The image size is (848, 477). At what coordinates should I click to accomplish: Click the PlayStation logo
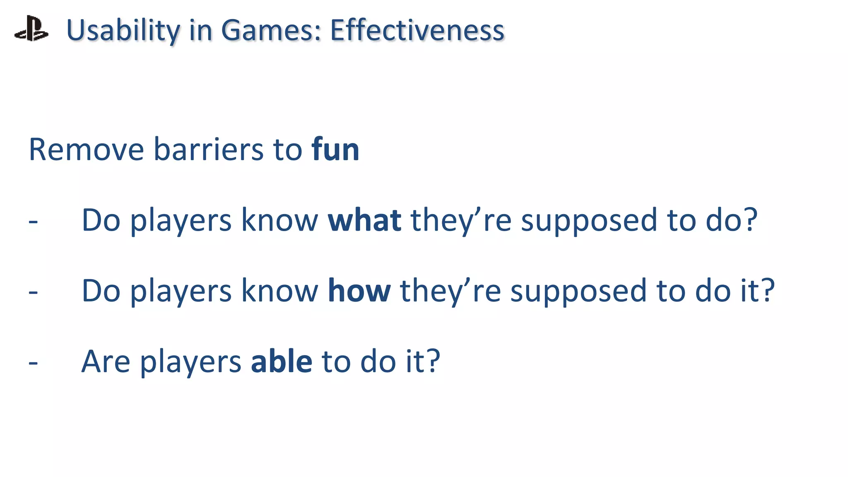(31, 29)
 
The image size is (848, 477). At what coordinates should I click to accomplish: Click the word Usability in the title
(123, 30)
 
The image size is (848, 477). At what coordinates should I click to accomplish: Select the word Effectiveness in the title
(417, 30)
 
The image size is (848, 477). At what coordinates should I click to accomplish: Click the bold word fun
(335, 149)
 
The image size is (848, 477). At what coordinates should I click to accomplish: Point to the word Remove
(86, 149)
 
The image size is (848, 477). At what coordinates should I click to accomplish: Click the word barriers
(208, 149)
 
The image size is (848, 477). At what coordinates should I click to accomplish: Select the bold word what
(364, 220)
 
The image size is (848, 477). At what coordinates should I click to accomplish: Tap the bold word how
(359, 291)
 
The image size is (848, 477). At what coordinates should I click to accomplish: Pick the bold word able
(282, 361)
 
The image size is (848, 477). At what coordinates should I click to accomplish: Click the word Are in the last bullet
(106, 361)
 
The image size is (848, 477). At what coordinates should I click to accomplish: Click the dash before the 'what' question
(33, 222)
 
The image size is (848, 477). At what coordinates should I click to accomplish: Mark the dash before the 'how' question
(33, 292)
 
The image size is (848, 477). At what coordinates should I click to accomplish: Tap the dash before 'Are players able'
(33, 363)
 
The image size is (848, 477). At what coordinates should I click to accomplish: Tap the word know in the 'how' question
(280, 291)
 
